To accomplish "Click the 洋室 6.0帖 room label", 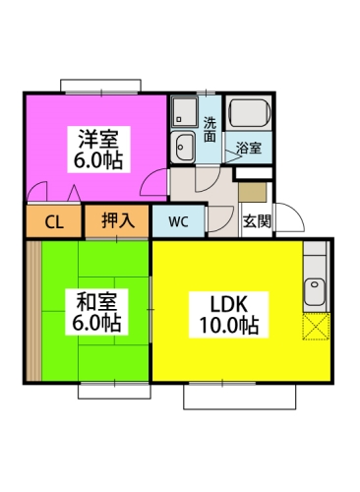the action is click(98, 150).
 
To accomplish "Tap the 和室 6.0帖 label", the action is click(96, 312).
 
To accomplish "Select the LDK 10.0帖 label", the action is click(229, 315).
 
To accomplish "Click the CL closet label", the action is click(54, 222).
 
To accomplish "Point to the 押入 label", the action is click(118, 219).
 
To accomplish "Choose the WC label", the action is click(179, 221).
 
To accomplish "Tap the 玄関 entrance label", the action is click(257, 221).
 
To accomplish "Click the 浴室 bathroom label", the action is click(249, 148).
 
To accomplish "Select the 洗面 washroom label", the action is click(210, 130).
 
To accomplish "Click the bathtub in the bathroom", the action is click(250, 113).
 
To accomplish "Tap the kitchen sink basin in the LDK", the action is click(315, 292).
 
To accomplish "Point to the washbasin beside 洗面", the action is click(184, 147).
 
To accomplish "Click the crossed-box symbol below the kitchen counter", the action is click(316, 327).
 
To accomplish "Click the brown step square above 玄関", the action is click(253, 193).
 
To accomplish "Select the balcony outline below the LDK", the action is click(240, 397).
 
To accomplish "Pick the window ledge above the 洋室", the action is click(100, 86).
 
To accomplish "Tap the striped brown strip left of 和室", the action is click(33, 311).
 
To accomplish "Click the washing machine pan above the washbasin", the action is click(185, 111).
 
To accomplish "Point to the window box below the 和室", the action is click(114, 392).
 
